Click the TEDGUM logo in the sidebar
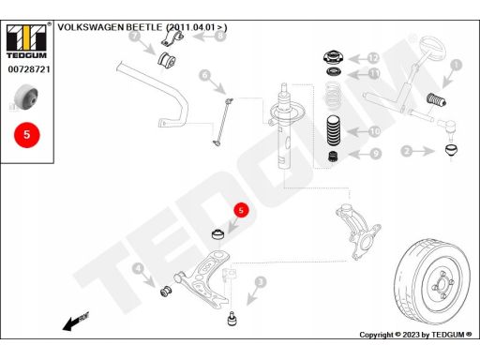(x=26, y=41)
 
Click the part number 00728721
(x=29, y=69)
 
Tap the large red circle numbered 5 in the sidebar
(x=27, y=135)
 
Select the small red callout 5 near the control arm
(x=241, y=210)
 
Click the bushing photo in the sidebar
(x=26, y=97)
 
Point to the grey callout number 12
(x=373, y=58)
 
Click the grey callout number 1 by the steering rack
(x=457, y=65)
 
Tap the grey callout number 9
(x=375, y=154)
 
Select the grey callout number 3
(x=261, y=282)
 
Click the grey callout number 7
(x=135, y=36)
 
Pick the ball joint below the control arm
(x=232, y=319)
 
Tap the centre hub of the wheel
(x=442, y=285)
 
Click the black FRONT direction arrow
(x=76, y=322)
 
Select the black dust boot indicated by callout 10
(x=334, y=130)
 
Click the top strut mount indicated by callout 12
(x=333, y=57)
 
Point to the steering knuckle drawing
(x=357, y=232)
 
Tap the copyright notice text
(x=415, y=335)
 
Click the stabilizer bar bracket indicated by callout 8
(x=172, y=38)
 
